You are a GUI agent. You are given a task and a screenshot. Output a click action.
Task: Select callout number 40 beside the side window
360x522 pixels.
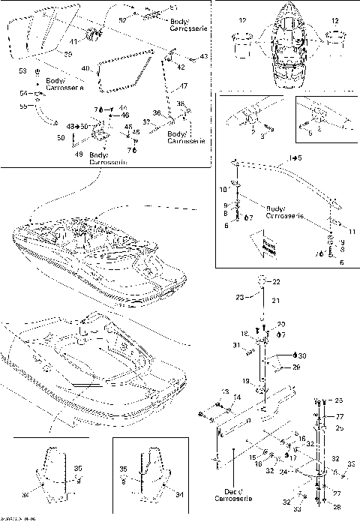pos(85,69)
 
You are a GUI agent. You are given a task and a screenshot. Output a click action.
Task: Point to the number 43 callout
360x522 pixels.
pos(204,57)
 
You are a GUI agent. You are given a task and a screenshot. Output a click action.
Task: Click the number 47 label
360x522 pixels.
pos(184,87)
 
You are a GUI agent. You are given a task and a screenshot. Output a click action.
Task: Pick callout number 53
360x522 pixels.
pos(22,70)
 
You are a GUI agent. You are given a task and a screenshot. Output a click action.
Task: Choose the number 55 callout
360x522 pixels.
pos(22,107)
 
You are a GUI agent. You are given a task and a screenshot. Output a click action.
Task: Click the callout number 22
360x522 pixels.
pos(275,282)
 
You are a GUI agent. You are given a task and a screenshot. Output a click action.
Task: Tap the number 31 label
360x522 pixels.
pos(235,345)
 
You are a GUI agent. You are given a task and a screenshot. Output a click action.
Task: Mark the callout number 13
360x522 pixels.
pos(224,391)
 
